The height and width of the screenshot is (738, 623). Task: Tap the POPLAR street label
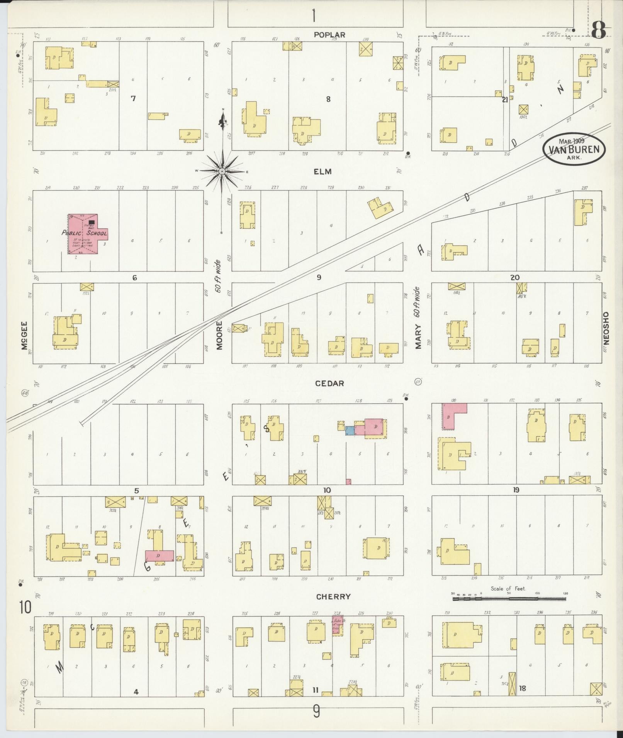329,35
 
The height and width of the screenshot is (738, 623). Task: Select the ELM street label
323,172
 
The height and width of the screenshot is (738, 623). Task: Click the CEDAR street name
329,383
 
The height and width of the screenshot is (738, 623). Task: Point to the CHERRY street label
333,597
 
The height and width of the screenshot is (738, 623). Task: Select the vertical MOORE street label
219,335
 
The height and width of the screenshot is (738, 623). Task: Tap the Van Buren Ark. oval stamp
574,149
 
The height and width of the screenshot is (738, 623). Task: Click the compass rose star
222,171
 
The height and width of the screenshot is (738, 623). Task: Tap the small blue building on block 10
350,431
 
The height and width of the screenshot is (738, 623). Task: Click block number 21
505,100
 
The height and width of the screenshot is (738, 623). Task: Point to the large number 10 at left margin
26,608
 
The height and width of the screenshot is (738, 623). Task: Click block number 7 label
133,99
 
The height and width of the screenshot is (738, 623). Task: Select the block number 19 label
516,490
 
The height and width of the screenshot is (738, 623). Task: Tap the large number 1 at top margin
314,16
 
